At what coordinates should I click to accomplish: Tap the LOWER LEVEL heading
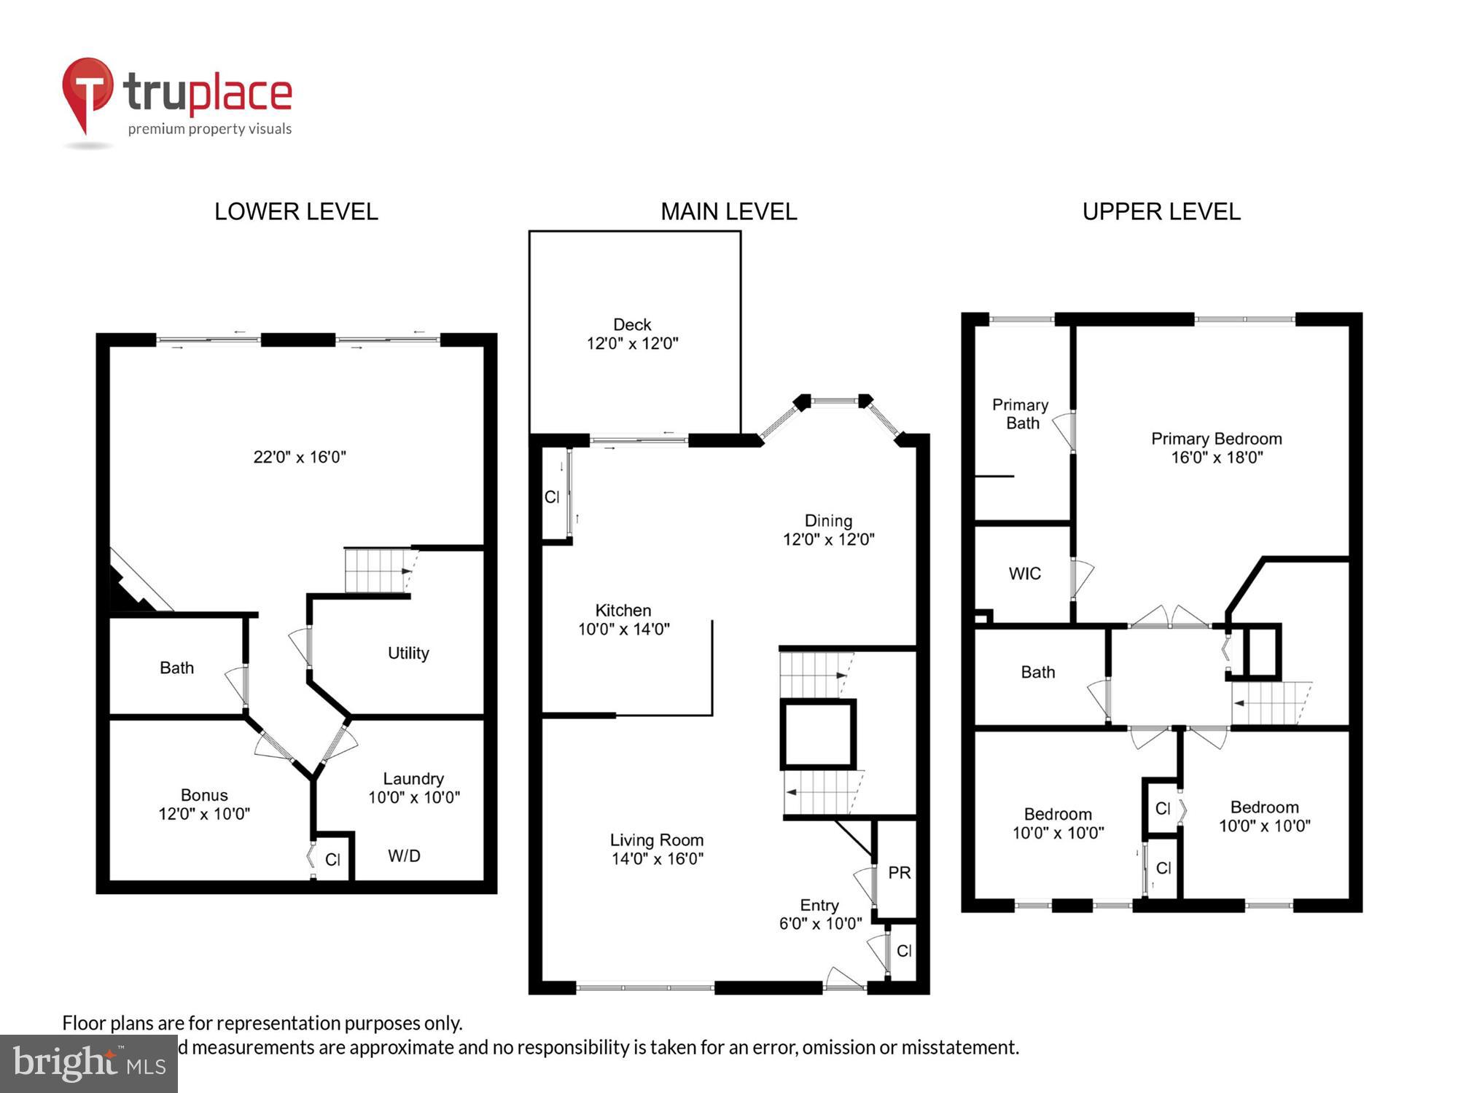tap(296, 212)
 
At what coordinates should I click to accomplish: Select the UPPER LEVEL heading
tap(1161, 212)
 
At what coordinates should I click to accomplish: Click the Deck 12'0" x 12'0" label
tap(632, 334)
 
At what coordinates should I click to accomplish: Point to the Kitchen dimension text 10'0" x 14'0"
tap(623, 630)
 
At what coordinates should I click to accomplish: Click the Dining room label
tap(828, 521)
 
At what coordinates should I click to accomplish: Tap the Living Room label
tap(656, 840)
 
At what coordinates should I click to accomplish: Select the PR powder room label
tap(899, 873)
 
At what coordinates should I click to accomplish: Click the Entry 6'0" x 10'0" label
tap(820, 914)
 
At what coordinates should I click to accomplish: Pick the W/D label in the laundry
tap(404, 856)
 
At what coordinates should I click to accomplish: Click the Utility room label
tap(408, 653)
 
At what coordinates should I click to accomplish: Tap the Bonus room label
tap(204, 795)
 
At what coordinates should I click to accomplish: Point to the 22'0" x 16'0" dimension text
tap(300, 458)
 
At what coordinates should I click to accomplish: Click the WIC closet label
tap(1024, 574)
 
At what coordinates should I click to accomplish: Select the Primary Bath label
tap(1021, 414)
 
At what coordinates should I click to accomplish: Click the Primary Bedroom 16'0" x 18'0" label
tap(1216, 448)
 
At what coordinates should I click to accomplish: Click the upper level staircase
tap(1270, 703)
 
